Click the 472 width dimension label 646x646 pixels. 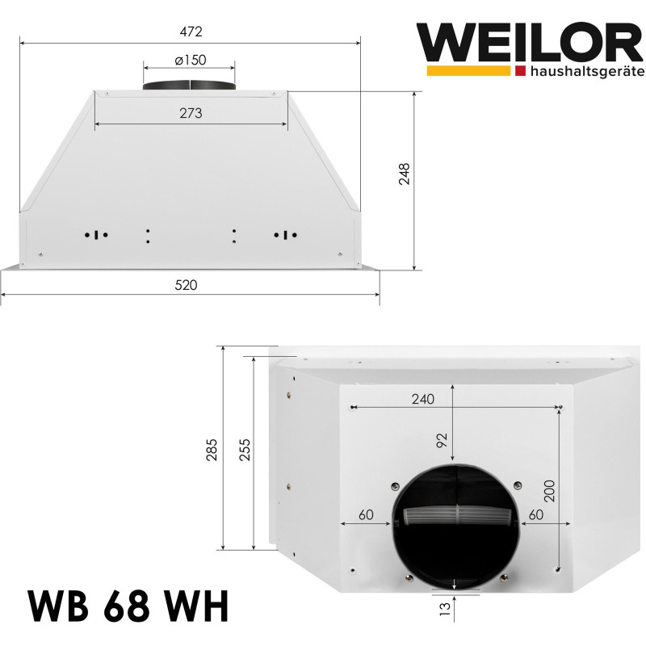pos(190,31)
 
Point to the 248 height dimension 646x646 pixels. pos(404,176)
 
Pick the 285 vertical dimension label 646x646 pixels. pos(212,449)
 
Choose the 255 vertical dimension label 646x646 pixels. pos(245,449)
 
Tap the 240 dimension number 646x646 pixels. pos(422,399)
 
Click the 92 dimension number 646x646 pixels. pos(442,440)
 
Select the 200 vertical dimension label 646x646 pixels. pos(549,489)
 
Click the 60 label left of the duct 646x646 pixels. pos(365,514)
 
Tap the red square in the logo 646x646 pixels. pos(519,72)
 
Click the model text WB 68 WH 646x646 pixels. pos(128,608)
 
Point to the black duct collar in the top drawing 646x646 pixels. pos(190,86)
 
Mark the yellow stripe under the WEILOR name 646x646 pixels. pos(465,72)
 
